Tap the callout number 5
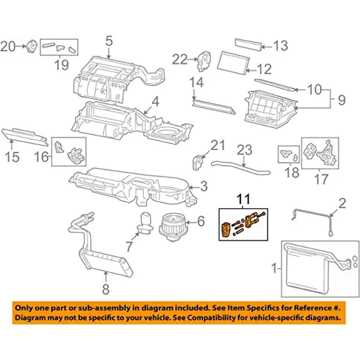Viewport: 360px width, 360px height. click(109, 42)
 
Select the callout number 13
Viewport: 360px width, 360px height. click(280, 46)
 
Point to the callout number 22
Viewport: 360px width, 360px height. click(180, 59)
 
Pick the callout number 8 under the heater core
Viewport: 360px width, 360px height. click(104, 288)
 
